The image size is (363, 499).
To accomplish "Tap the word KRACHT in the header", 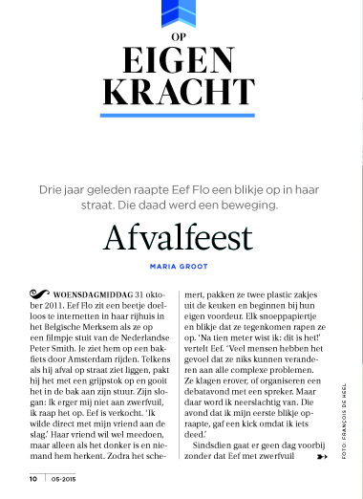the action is (181, 92).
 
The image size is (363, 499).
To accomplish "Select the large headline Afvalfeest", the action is (181, 235).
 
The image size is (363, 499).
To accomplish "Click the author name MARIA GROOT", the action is (181, 267).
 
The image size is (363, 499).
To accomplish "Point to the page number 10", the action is (32, 478).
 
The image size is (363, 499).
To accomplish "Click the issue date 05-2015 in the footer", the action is (63, 478).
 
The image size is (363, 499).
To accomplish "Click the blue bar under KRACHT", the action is (181, 116).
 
